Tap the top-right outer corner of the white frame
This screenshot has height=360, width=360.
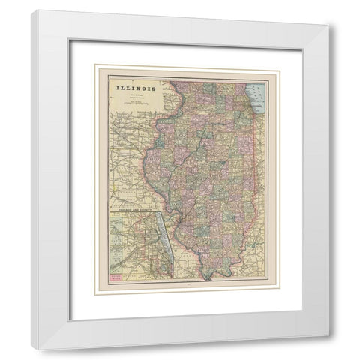point(328,25)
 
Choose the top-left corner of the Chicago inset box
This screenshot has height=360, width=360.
point(108,211)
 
